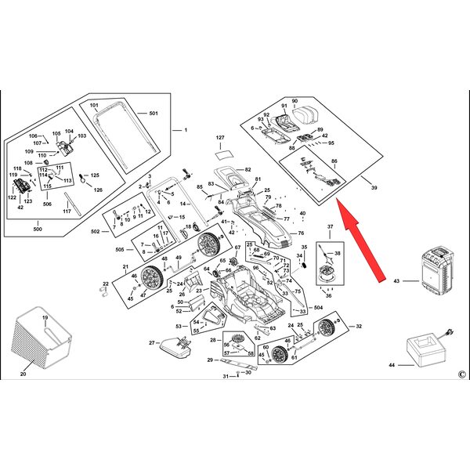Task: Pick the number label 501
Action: coord(154,114)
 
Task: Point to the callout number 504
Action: coord(318,308)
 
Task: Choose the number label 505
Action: coord(120,250)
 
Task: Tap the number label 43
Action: coord(396,280)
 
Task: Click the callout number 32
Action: coord(359,326)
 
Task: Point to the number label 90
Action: coord(295,102)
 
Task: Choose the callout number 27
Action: coord(151,343)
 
